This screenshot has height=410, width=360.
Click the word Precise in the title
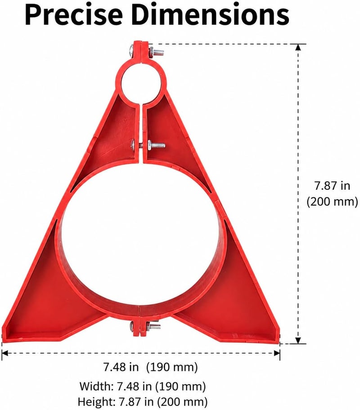click(73, 15)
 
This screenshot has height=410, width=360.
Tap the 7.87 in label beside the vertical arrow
click(332, 186)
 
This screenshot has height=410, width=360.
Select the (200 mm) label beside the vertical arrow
click(332, 202)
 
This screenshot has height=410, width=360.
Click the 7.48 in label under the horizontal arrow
click(121, 367)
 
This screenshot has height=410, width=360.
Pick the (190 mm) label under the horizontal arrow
click(172, 367)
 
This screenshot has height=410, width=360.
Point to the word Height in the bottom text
click(97, 401)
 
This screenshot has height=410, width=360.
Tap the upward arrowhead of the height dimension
click(298, 47)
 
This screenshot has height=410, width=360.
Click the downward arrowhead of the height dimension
click(298, 340)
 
